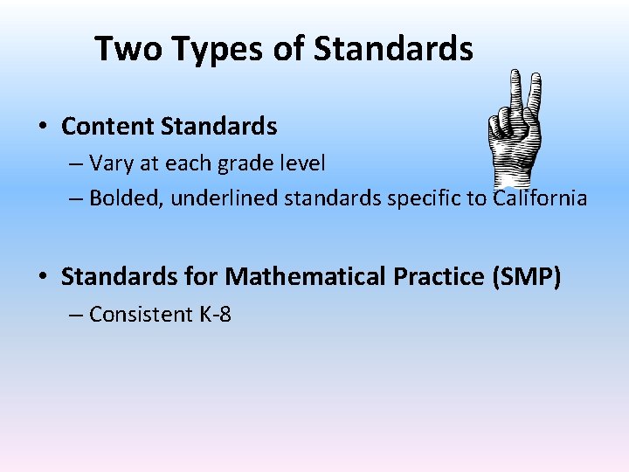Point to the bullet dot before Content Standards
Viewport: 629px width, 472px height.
point(42,128)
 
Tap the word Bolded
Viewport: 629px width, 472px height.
point(124,198)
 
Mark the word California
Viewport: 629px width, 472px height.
point(540,198)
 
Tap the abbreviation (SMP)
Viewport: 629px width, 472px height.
point(528,277)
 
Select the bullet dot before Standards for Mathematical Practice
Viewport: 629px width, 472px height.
point(42,278)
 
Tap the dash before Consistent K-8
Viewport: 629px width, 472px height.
point(76,315)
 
